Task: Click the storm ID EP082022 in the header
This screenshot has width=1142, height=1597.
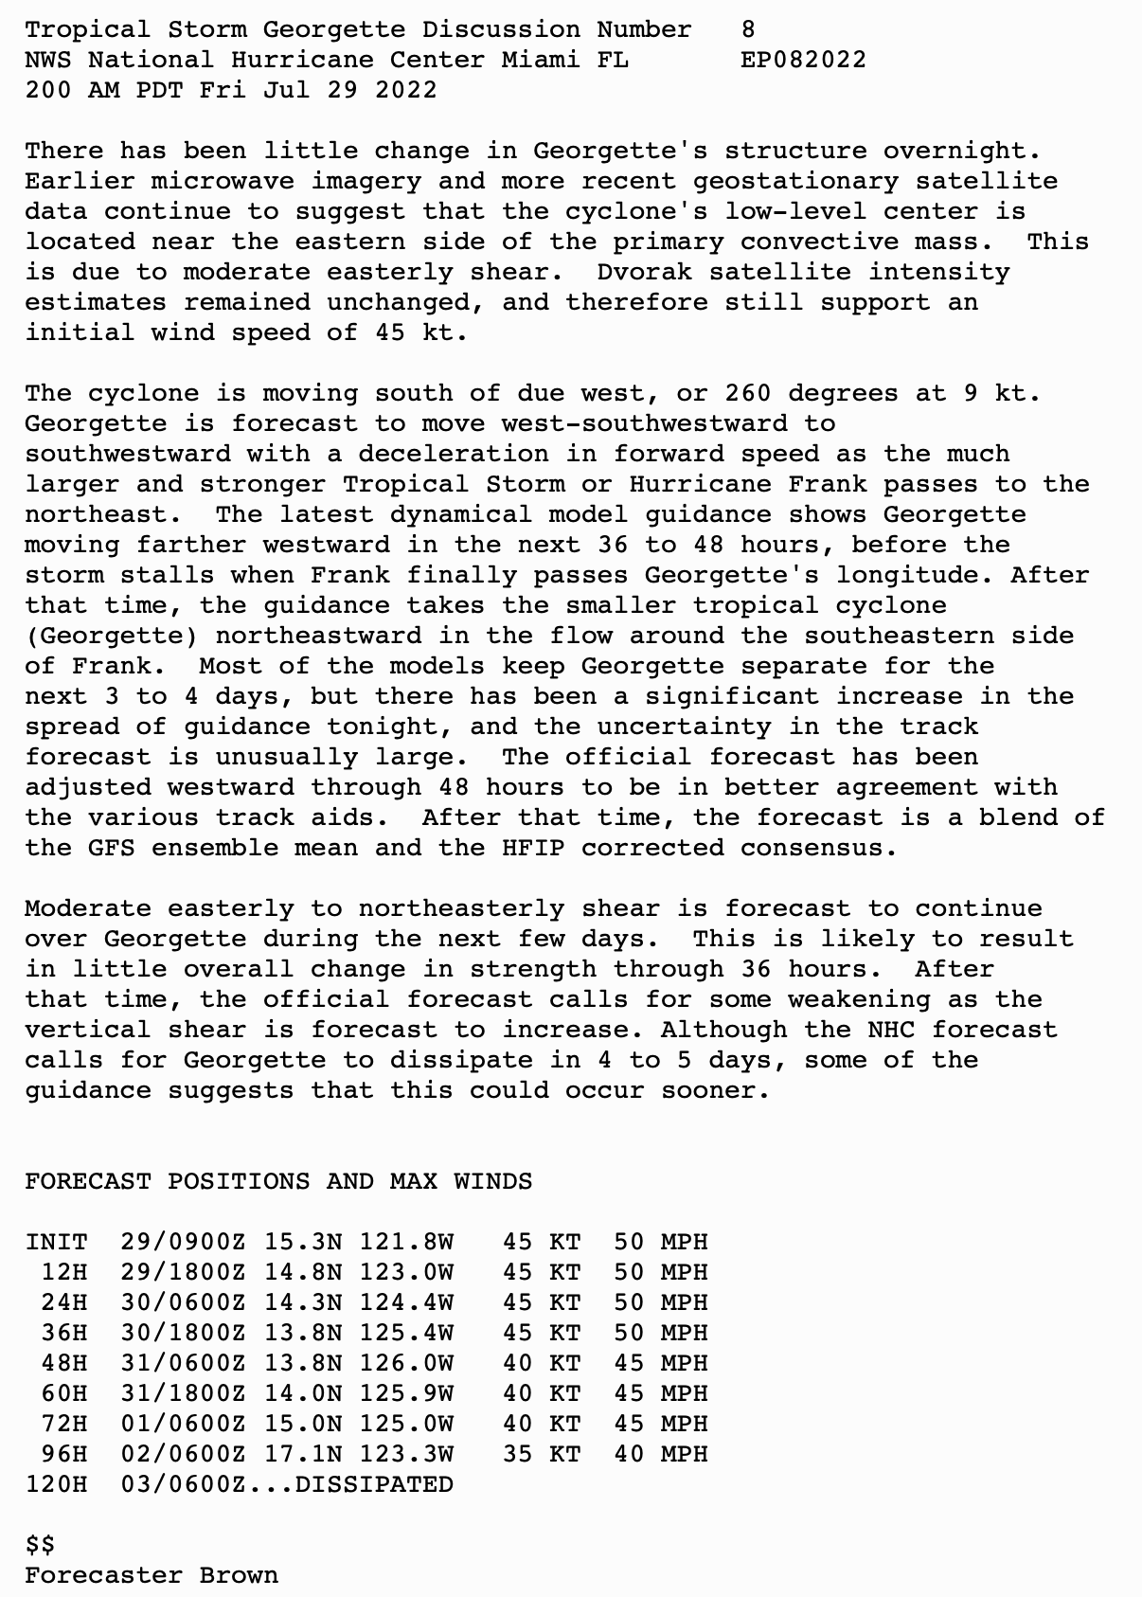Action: [x=803, y=60]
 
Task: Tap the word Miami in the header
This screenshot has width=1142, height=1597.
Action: [x=541, y=60]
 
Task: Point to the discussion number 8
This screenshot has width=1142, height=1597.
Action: [x=748, y=29]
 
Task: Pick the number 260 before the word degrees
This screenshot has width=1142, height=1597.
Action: [x=748, y=393]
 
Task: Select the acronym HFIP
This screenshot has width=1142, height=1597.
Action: [x=533, y=848]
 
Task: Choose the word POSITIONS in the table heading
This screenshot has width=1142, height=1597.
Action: [x=239, y=1181]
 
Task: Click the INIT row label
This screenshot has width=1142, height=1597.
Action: [x=57, y=1242]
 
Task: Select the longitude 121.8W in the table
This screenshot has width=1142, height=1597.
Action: [x=406, y=1242]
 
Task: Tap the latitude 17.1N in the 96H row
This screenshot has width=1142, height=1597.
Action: [x=303, y=1454]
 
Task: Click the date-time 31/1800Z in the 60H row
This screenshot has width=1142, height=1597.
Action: [x=184, y=1393]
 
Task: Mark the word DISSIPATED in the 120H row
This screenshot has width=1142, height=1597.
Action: [x=374, y=1484]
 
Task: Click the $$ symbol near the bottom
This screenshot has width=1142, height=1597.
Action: [x=41, y=1545]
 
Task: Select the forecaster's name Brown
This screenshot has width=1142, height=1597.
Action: [x=239, y=1575]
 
